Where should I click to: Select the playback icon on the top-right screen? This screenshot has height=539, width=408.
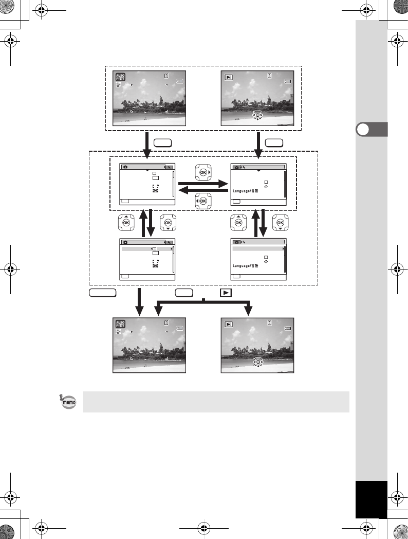tap(229, 78)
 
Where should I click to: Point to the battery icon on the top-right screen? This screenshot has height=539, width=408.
tap(288, 81)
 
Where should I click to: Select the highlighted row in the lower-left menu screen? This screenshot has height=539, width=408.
tap(146, 249)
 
